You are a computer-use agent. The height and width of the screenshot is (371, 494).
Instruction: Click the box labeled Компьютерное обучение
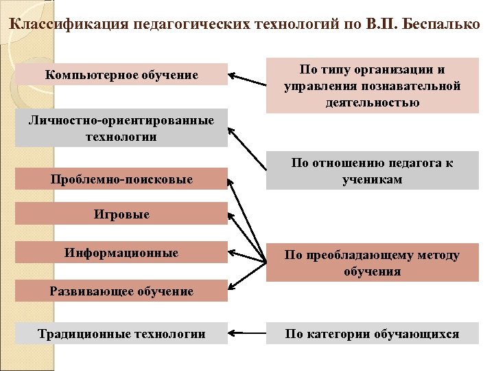click(121, 74)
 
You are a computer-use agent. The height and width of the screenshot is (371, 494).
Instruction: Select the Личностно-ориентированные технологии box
click(121, 128)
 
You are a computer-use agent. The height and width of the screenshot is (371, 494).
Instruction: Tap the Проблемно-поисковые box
click(121, 180)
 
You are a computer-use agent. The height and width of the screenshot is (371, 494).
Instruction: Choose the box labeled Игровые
click(121, 215)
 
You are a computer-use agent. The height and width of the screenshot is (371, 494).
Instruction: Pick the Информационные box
click(121, 253)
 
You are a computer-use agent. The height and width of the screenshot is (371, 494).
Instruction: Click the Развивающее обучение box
click(121, 291)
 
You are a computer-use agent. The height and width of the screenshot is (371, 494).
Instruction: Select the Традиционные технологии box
click(121, 334)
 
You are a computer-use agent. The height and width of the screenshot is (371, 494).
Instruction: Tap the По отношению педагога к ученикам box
click(373, 171)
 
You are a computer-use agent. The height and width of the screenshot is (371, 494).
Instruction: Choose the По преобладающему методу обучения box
click(373, 263)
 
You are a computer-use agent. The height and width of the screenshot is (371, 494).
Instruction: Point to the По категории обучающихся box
click(373, 334)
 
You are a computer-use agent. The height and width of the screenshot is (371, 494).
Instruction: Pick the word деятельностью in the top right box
click(373, 102)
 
